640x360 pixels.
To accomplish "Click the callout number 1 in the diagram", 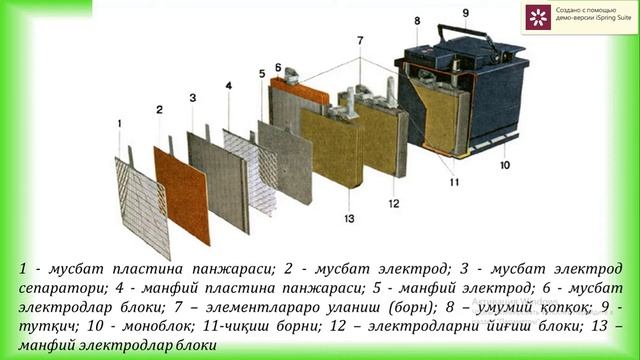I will click(x=120, y=124).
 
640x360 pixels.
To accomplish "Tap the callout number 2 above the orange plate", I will click(x=159, y=108).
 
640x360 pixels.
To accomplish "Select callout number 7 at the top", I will click(x=360, y=41).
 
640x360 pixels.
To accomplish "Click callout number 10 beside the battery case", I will click(x=504, y=165).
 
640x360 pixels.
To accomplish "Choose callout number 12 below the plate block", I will click(x=392, y=204).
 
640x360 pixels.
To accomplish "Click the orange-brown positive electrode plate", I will click(x=181, y=194).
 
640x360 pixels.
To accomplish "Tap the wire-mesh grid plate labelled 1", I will click(x=142, y=205).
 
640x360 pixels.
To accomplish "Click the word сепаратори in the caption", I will click(x=62, y=288).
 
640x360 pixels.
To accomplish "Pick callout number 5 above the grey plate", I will click(x=262, y=75).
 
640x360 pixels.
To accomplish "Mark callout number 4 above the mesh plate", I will click(x=228, y=87).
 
